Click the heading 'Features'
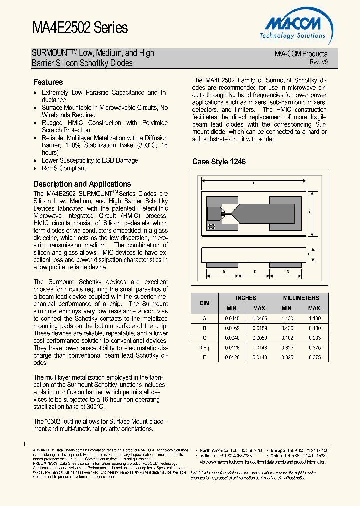tap(48, 82)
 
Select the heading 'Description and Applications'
tap(82, 184)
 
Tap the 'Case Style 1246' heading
tap(219, 162)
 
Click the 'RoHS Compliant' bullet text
tap(64, 168)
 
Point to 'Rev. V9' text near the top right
tap(318, 62)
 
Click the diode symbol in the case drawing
tap(211, 226)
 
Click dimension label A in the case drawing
tap(253, 183)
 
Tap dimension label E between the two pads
tap(255, 272)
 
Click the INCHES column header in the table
tap(246, 298)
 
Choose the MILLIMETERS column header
tap(301, 298)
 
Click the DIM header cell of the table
tap(205, 303)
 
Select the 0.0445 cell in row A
tap(232, 318)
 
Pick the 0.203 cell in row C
tap(314, 338)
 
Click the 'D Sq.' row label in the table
tap(205, 348)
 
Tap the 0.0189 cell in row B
tap(260, 328)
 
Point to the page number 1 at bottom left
tap(24, 444)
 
